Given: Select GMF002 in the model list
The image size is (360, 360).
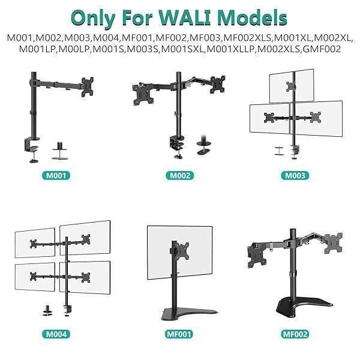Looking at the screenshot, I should click(x=323, y=49).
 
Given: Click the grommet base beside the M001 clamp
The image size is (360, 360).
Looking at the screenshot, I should click(x=59, y=151).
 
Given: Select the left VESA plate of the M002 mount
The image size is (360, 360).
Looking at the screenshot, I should click(x=142, y=92).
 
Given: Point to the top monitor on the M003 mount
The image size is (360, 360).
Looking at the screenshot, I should click(x=292, y=85).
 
